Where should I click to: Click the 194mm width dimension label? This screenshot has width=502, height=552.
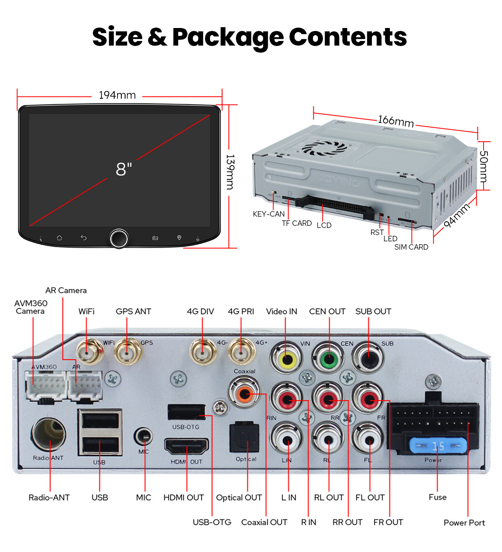click(x=117, y=95)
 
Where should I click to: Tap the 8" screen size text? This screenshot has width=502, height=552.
click(x=124, y=169)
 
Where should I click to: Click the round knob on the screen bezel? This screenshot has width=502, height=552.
click(x=119, y=238)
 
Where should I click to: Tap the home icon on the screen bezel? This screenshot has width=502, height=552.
click(x=59, y=238)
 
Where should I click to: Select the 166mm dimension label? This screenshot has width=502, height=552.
click(x=395, y=121)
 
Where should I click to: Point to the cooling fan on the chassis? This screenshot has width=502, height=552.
click(x=324, y=148)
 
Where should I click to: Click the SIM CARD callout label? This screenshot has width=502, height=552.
click(x=411, y=247)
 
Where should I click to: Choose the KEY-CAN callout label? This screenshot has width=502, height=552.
click(x=269, y=214)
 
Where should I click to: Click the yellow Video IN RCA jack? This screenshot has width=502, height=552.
click(x=286, y=358)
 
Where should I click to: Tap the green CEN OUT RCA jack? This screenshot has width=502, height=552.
click(x=328, y=358)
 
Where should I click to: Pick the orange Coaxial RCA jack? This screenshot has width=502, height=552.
click(x=244, y=393)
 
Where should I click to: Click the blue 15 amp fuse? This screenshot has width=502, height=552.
click(x=438, y=446)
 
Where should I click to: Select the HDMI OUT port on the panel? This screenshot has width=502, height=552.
click(x=187, y=446)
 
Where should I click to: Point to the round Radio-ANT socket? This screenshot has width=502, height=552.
click(x=49, y=435)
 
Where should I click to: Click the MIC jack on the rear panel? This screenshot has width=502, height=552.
click(x=143, y=436)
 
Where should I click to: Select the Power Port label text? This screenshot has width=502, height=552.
click(x=464, y=522)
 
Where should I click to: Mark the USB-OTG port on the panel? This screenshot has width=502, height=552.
click(x=187, y=412)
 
